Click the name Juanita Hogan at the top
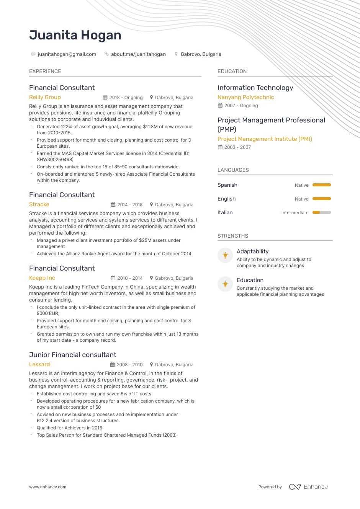(x=75, y=35)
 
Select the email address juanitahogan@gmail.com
(x=67, y=54)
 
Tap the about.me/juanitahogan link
(x=138, y=54)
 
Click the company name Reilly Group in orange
(x=45, y=97)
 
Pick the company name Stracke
(x=39, y=204)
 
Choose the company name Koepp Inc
(x=42, y=278)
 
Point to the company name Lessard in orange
(x=39, y=364)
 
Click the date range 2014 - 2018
(x=130, y=205)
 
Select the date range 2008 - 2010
(x=130, y=365)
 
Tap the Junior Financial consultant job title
(x=73, y=355)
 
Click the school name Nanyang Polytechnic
(x=245, y=97)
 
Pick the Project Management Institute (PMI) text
(x=265, y=139)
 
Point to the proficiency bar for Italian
(x=321, y=212)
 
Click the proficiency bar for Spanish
(x=321, y=185)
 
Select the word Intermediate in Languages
(x=295, y=213)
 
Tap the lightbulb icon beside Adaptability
(x=225, y=255)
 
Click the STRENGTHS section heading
(x=233, y=236)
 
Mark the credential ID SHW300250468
(x=55, y=160)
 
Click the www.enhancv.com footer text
(x=47, y=487)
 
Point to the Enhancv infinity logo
(x=295, y=487)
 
